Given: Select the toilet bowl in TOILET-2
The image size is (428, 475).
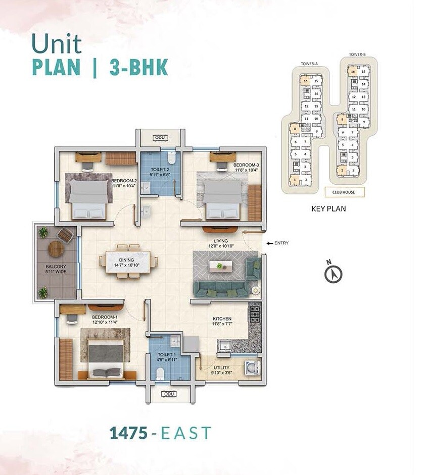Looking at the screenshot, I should click(x=171, y=160).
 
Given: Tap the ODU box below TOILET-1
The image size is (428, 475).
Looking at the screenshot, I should click(x=166, y=394).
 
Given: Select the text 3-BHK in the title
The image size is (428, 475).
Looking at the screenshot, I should click(x=138, y=68).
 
